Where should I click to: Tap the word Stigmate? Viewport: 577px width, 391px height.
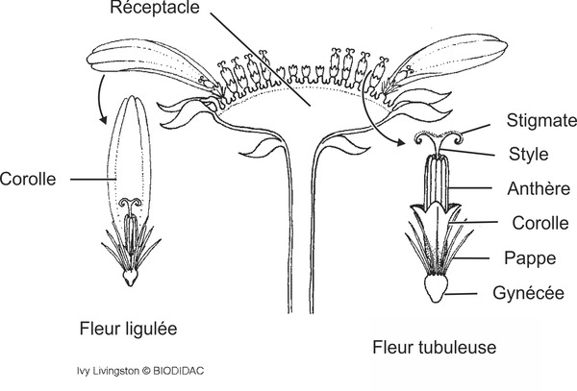539,120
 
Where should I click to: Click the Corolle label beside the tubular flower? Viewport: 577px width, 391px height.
533,223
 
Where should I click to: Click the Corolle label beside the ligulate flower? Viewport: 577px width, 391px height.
30,178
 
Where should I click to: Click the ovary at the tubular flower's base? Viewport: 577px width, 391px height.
437,289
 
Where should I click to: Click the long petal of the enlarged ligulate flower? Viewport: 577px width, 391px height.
130,154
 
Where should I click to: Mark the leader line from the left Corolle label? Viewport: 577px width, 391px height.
77,178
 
